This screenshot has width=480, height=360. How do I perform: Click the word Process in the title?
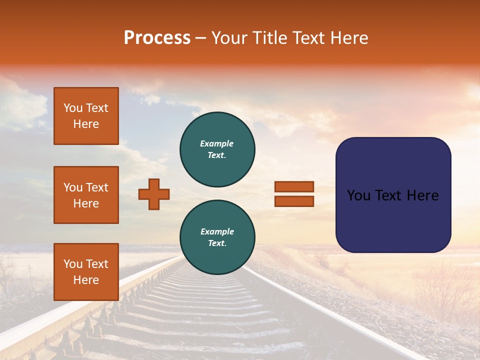157,38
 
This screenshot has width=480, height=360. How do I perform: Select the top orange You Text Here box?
86,116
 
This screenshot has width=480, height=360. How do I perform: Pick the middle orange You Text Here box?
86,195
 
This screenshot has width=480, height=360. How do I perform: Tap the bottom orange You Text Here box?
86,272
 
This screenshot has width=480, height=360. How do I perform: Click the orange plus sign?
154,194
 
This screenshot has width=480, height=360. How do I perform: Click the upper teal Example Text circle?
217,149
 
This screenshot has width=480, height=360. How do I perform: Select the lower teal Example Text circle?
217,237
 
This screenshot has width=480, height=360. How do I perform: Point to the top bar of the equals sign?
294,187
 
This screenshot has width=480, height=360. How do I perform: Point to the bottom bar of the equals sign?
294,201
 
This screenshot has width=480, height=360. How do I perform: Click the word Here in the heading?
350,38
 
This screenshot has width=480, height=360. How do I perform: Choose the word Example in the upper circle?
217,144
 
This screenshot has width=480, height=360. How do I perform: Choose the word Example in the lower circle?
217,232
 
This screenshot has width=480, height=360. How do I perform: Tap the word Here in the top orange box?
86,124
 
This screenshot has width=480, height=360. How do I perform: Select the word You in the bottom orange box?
72,264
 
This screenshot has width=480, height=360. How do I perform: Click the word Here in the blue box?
422,195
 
